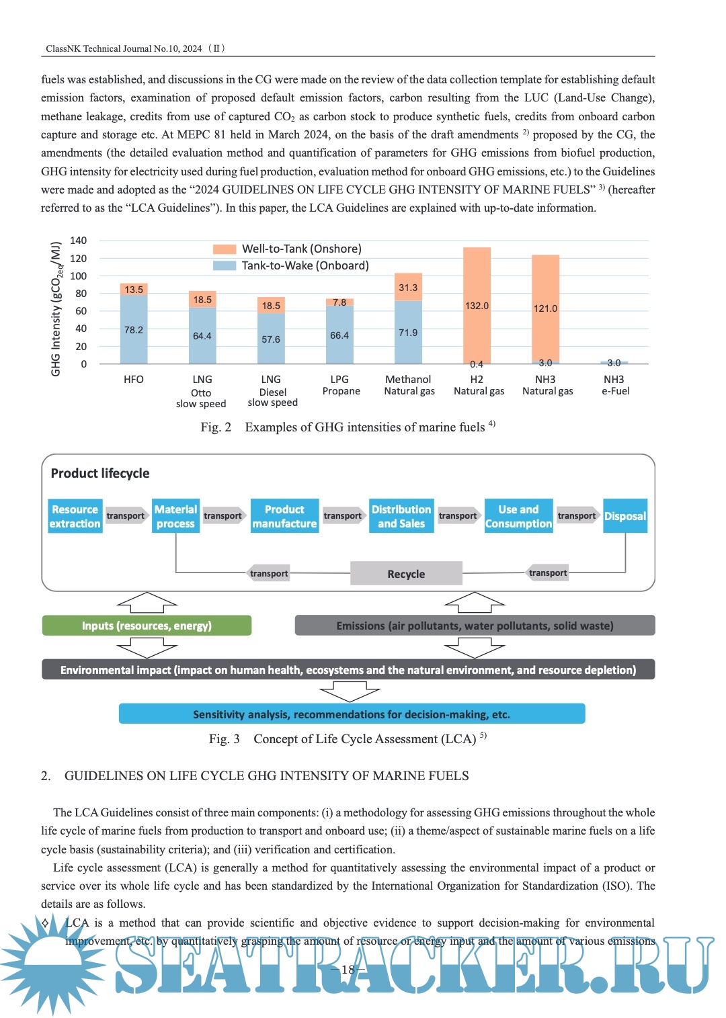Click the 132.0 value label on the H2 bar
point(477,306)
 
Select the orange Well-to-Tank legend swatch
point(225,249)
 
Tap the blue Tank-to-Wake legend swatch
point(225,265)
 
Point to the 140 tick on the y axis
point(79,241)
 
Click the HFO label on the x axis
point(134,380)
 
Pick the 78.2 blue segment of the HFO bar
point(134,329)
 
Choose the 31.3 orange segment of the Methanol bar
point(408,287)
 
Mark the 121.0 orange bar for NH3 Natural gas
point(545,308)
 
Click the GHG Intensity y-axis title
point(56,308)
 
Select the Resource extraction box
point(75,516)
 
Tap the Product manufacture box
point(284,516)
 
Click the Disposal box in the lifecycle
point(625,516)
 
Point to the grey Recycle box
point(406,574)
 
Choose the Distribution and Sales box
point(401,516)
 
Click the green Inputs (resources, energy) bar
point(147,626)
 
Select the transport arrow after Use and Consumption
point(577,515)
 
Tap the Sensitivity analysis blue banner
point(352,714)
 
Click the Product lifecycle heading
point(100,473)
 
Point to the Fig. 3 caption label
point(225,739)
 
